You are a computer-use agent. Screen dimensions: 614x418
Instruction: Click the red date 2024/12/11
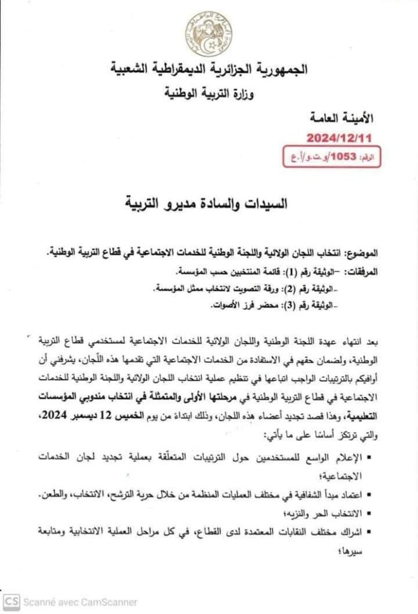[x=339, y=137]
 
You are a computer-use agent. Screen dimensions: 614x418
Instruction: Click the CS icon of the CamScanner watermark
[x=11, y=601]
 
